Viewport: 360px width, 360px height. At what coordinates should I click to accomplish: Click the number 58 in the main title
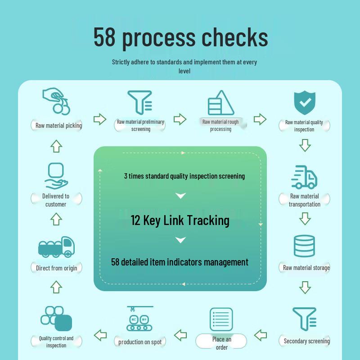coord(105,37)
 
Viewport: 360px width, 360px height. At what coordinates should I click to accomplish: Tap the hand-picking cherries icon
coord(57,101)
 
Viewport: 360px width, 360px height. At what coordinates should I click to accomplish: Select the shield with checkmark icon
coord(305,103)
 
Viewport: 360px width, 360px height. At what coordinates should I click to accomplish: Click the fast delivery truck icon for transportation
coord(304,177)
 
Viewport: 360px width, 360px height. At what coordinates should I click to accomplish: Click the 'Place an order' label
coord(221,343)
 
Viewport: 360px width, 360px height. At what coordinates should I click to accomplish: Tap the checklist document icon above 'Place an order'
coord(221,319)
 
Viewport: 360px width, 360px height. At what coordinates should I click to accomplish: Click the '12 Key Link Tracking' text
coord(180,220)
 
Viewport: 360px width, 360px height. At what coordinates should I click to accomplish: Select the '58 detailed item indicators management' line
coord(180,262)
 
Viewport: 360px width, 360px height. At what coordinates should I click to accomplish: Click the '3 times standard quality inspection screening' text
coord(184,176)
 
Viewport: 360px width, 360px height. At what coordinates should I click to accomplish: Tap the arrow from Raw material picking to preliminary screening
coord(100,119)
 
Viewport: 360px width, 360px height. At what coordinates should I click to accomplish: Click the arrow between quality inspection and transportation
coord(305,145)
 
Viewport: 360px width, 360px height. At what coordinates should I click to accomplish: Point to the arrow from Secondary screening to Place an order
coord(261,335)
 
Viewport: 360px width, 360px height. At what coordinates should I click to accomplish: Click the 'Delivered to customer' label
coord(56,200)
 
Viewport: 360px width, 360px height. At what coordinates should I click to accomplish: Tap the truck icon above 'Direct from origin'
coord(56,247)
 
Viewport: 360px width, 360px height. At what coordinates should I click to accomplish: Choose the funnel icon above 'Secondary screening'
coord(305,319)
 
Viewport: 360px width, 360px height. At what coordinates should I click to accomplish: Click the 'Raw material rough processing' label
coord(220,125)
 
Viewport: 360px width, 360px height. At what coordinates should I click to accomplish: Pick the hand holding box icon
coord(56,175)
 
